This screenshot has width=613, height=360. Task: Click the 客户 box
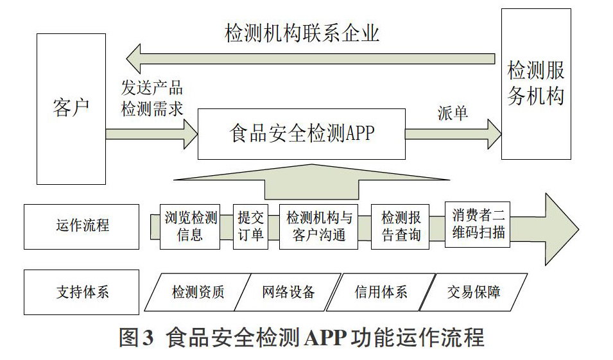click(71, 108)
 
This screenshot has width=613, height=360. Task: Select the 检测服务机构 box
click(536, 84)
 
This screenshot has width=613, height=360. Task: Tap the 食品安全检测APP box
click(302, 134)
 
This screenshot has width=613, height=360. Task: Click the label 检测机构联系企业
click(302, 33)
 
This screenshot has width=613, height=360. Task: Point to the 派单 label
click(453, 114)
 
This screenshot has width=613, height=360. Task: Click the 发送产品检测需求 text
click(152, 98)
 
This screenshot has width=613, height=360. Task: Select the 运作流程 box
click(82, 227)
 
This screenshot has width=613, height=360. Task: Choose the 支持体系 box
click(82, 292)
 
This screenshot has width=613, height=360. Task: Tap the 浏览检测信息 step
click(190, 227)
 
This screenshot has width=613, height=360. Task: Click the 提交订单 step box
click(250, 227)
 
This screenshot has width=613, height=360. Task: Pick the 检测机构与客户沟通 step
click(318, 227)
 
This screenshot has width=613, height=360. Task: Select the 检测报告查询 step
click(401, 227)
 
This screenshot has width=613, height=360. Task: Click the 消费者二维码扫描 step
click(478, 225)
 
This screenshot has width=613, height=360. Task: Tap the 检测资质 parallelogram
click(198, 292)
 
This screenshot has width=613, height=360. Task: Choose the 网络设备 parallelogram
click(288, 292)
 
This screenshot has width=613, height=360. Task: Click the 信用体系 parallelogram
click(381, 292)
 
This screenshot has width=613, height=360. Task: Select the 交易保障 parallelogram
click(474, 292)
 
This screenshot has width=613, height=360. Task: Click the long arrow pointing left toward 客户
click(311, 58)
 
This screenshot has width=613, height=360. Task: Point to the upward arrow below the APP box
click(311, 182)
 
